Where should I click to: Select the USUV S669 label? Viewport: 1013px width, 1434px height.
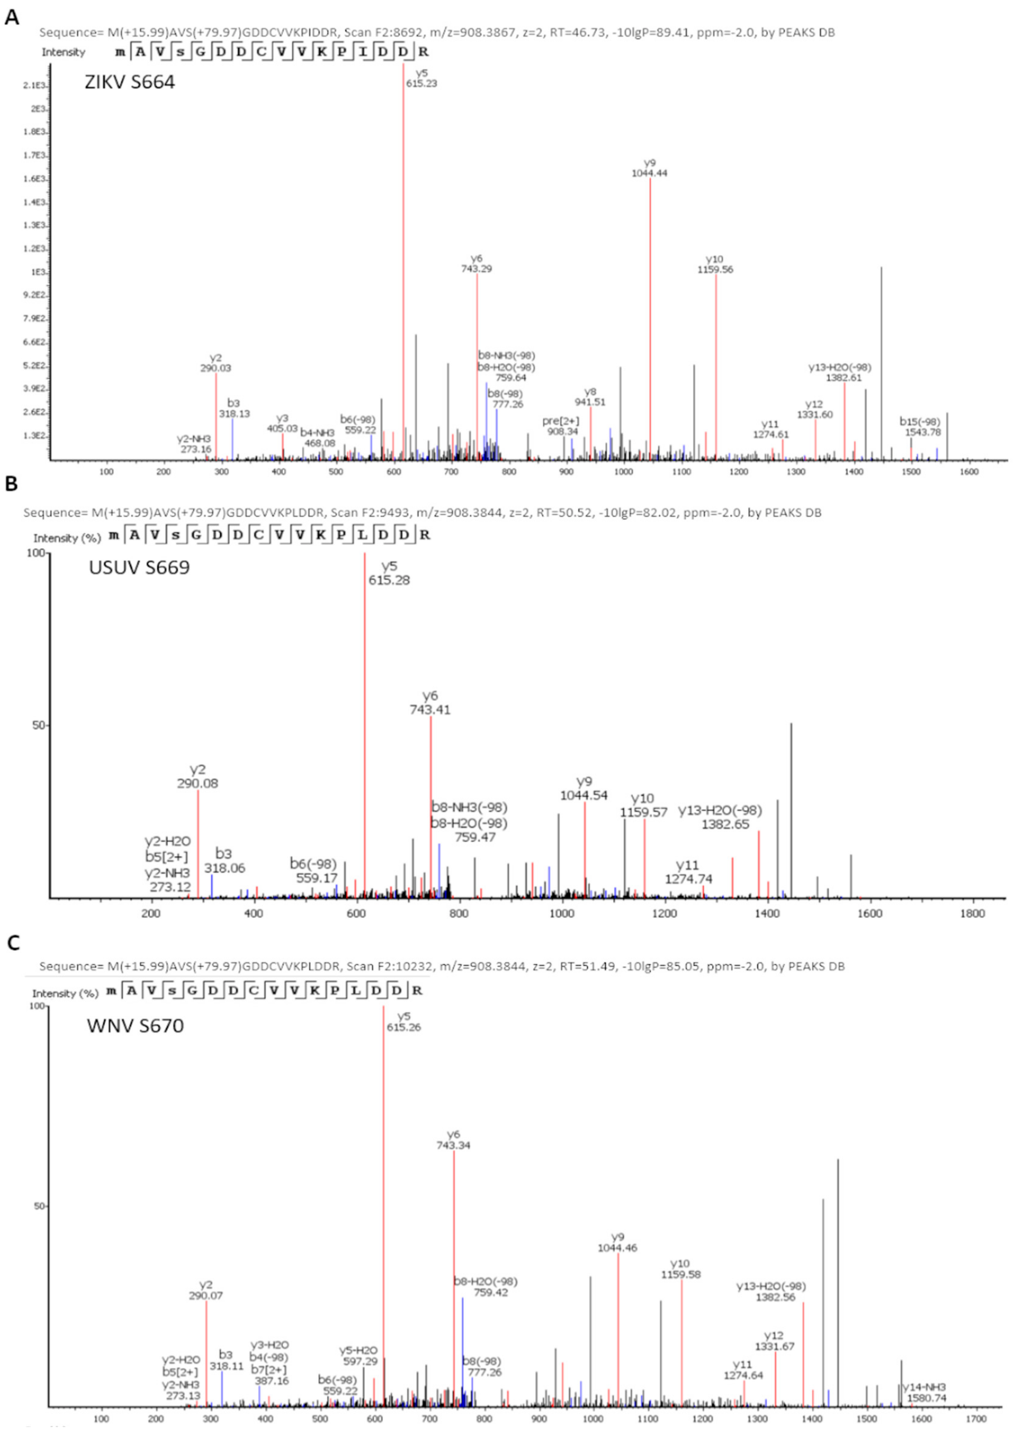[139, 567]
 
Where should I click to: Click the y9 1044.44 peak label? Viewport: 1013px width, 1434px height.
[650, 168]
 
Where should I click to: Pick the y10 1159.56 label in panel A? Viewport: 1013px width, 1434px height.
[715, 265]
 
